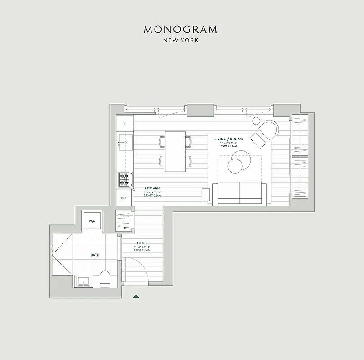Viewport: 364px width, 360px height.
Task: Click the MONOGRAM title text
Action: (181, 30)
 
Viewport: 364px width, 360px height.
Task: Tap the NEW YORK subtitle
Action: (181, 40)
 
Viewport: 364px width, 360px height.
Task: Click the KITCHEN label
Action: (152, 189)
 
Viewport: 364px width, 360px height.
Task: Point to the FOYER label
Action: (142, 243)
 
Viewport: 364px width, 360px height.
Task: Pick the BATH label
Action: (95, 255)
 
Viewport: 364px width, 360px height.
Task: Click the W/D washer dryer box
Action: (92, 221)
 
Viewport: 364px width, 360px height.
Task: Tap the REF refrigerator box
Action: (124, 198)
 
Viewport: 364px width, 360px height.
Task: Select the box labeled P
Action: (124, 123)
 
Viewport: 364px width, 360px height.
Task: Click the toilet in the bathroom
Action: (104, 279)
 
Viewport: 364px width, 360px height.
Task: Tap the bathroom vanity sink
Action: (84, 281)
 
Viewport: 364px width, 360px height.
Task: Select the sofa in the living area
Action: (239, 193)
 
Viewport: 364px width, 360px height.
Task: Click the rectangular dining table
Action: (175, 152)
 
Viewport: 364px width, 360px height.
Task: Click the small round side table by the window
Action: (257, 121)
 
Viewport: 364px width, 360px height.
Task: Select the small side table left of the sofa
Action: (206, 195)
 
